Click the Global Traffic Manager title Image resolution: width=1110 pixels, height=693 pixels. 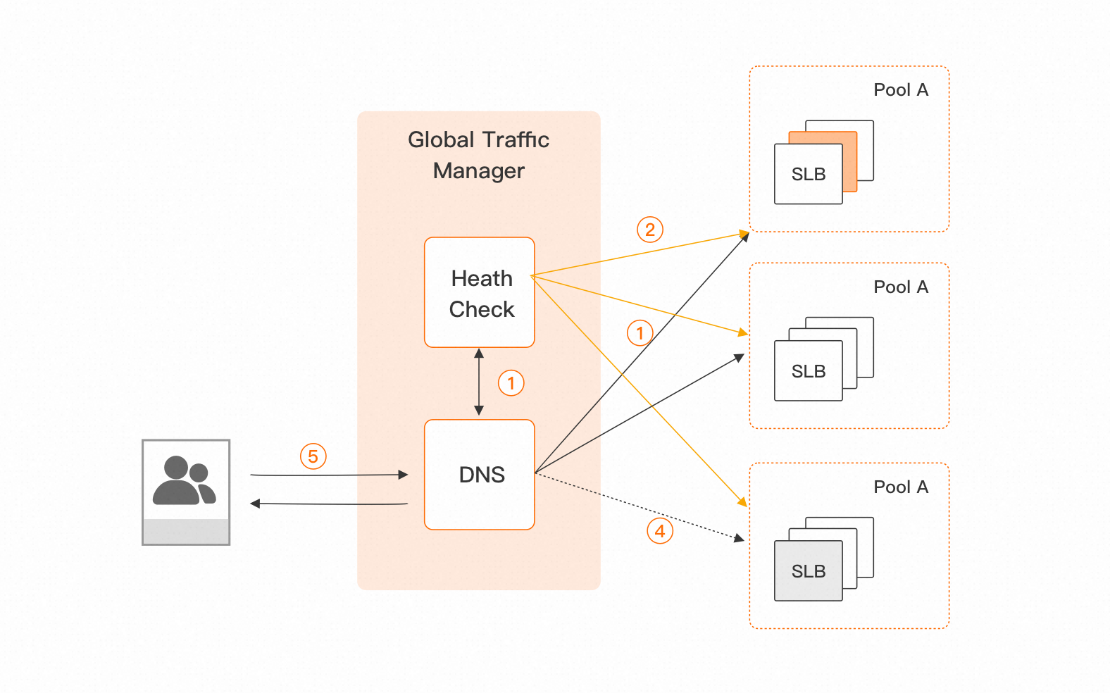[479, 155]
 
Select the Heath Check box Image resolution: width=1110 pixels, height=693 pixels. [480, 292]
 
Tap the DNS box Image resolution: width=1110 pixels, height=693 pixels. [480, 475]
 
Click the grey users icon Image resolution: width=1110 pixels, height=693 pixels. [186, 482]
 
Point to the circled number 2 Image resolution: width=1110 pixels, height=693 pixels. [650, 230]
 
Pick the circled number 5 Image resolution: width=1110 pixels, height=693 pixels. [313, 456]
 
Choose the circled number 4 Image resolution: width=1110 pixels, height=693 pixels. [660, 531]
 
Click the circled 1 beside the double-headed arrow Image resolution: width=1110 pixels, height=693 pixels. [511, 383]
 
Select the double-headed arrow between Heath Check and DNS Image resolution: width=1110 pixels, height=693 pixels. [479, 382]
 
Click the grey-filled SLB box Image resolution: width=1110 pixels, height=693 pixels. [809, 570]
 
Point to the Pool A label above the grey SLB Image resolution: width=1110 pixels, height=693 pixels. [901, 487]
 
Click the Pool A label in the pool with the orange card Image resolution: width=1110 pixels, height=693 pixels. [901, 90]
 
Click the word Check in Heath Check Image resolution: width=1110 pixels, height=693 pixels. [482, 309]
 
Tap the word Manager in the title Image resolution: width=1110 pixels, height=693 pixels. [479, 171]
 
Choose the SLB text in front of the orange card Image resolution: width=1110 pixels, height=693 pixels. [809, 174]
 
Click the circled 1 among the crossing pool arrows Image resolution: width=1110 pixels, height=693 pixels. [640, 332]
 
